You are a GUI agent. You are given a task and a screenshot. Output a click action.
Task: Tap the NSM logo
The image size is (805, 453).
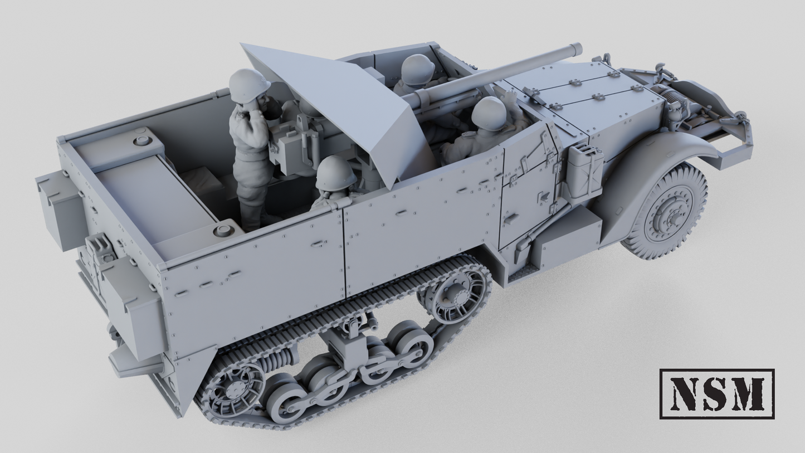click(716, 393)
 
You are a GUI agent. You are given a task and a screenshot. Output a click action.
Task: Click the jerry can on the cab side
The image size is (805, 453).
click(584, 170)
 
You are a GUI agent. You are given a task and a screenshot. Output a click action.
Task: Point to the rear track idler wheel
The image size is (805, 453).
click(232, 389)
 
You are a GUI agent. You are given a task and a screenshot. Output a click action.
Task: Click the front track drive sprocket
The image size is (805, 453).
click(455, 293)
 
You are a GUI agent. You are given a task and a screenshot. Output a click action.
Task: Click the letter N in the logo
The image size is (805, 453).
click(686, 393)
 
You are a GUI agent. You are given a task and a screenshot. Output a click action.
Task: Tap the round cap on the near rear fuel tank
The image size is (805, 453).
click(224, 228)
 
